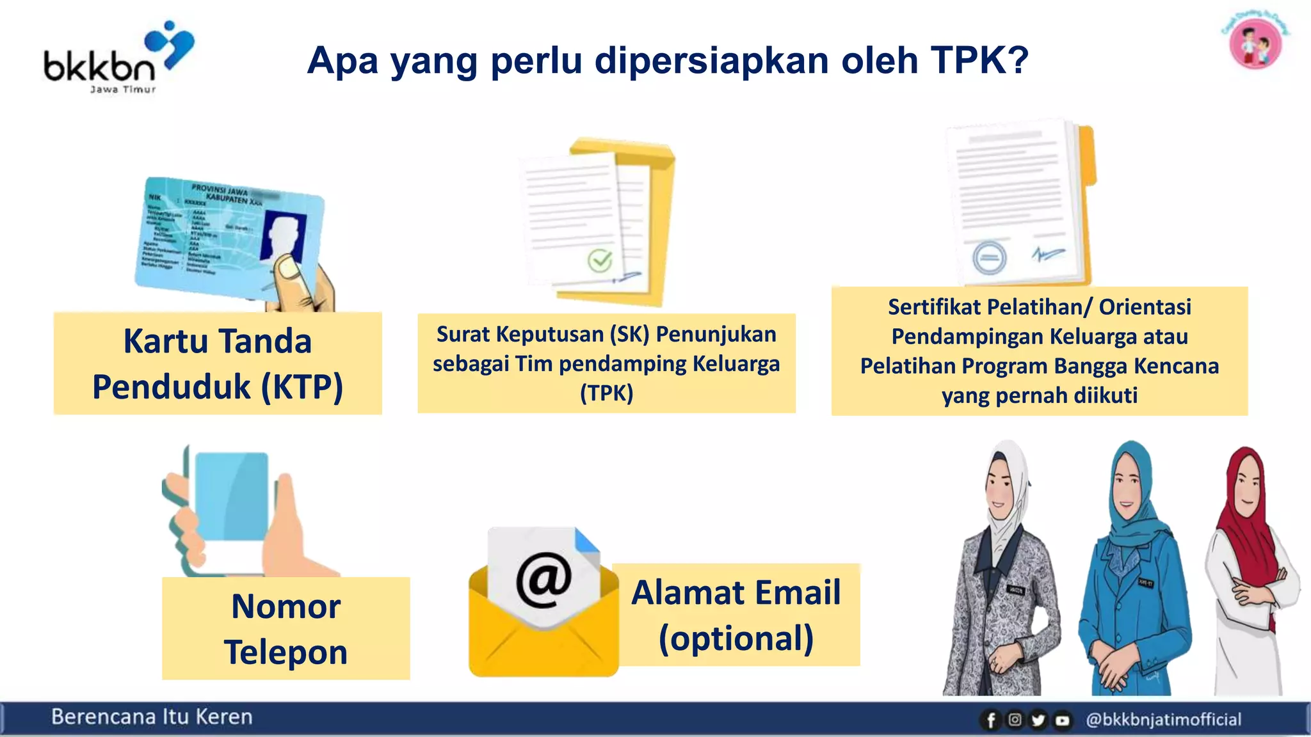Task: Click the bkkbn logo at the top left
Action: coord(118,58)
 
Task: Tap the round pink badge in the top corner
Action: coord(1255,44)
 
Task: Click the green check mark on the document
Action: coord(600,260)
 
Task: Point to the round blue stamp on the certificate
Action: coord(989,258)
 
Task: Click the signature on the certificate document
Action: coord(1048,254)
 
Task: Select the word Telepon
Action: coord(286,652)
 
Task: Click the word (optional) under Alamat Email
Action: coord(736,638)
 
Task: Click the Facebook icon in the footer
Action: coord(990,720)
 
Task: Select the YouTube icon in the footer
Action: coord(1063,720)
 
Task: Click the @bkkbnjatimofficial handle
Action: coord(1163,720)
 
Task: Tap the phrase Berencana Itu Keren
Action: coord(152,717)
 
